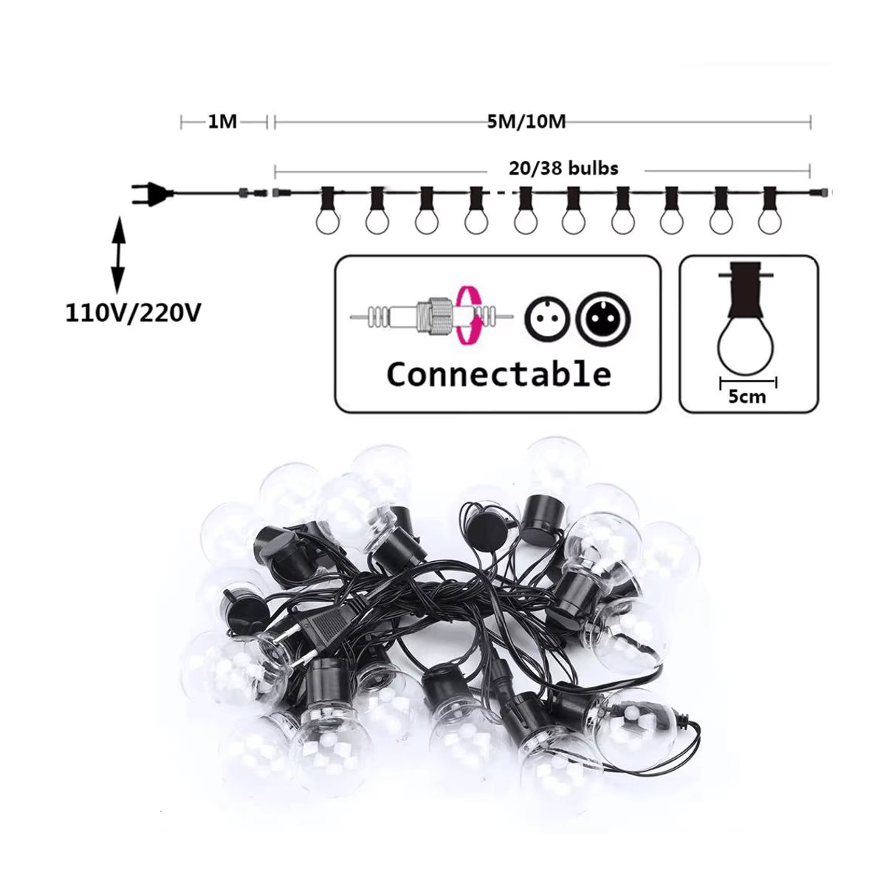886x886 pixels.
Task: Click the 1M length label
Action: [x=222, y=123]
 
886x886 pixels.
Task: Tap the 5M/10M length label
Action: [x=526, y=123]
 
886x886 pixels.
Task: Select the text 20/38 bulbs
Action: [x=563, y=168]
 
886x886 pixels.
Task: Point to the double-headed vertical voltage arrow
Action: [x=118, y=255]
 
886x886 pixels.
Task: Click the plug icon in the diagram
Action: [x=153, y=193]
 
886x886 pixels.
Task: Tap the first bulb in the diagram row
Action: [x=328, y=210]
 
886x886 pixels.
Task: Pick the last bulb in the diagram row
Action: [x=769, y=210]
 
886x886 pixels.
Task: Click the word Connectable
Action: [x=499, y=374]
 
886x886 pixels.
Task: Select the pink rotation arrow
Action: [x=470, y=315]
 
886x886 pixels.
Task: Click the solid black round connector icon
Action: [x=605, y=318]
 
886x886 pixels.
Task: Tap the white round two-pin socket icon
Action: [x=548, y=318]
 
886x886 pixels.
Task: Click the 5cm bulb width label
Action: [x=747, y=396]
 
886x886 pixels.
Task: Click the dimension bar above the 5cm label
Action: [x=748, y=382]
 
